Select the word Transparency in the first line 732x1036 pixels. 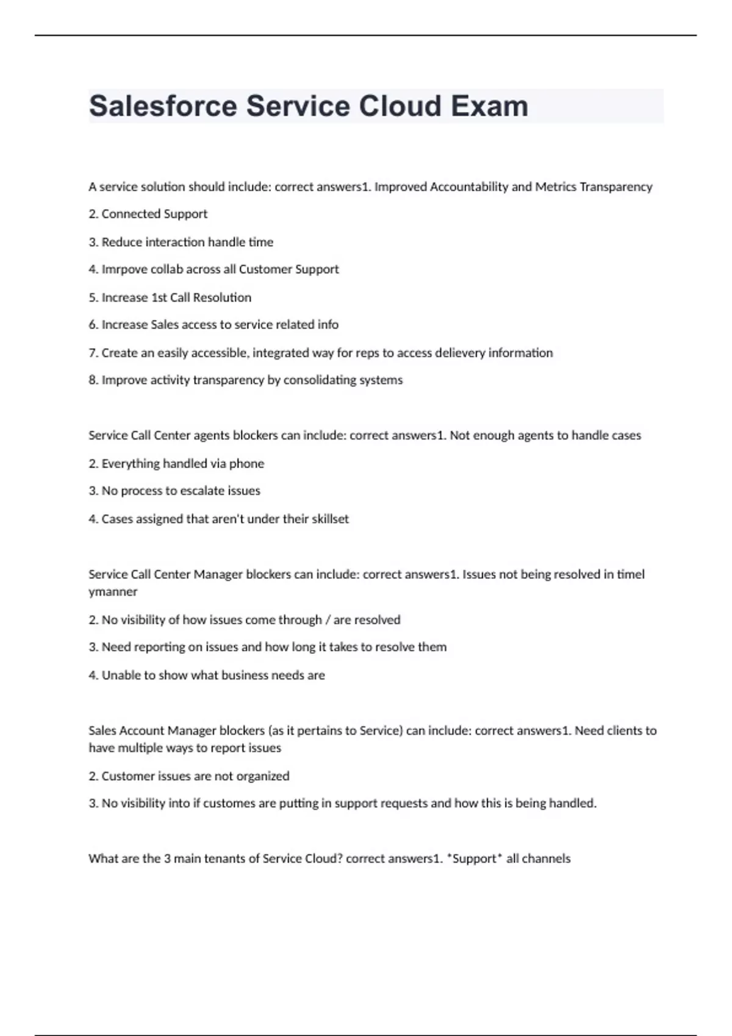click(615, 187)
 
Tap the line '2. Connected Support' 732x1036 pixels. click(148, 214)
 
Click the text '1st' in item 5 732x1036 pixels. click(159, 297)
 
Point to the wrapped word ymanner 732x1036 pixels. click(113, 592)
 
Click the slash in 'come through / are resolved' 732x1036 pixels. click(328, 620)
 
